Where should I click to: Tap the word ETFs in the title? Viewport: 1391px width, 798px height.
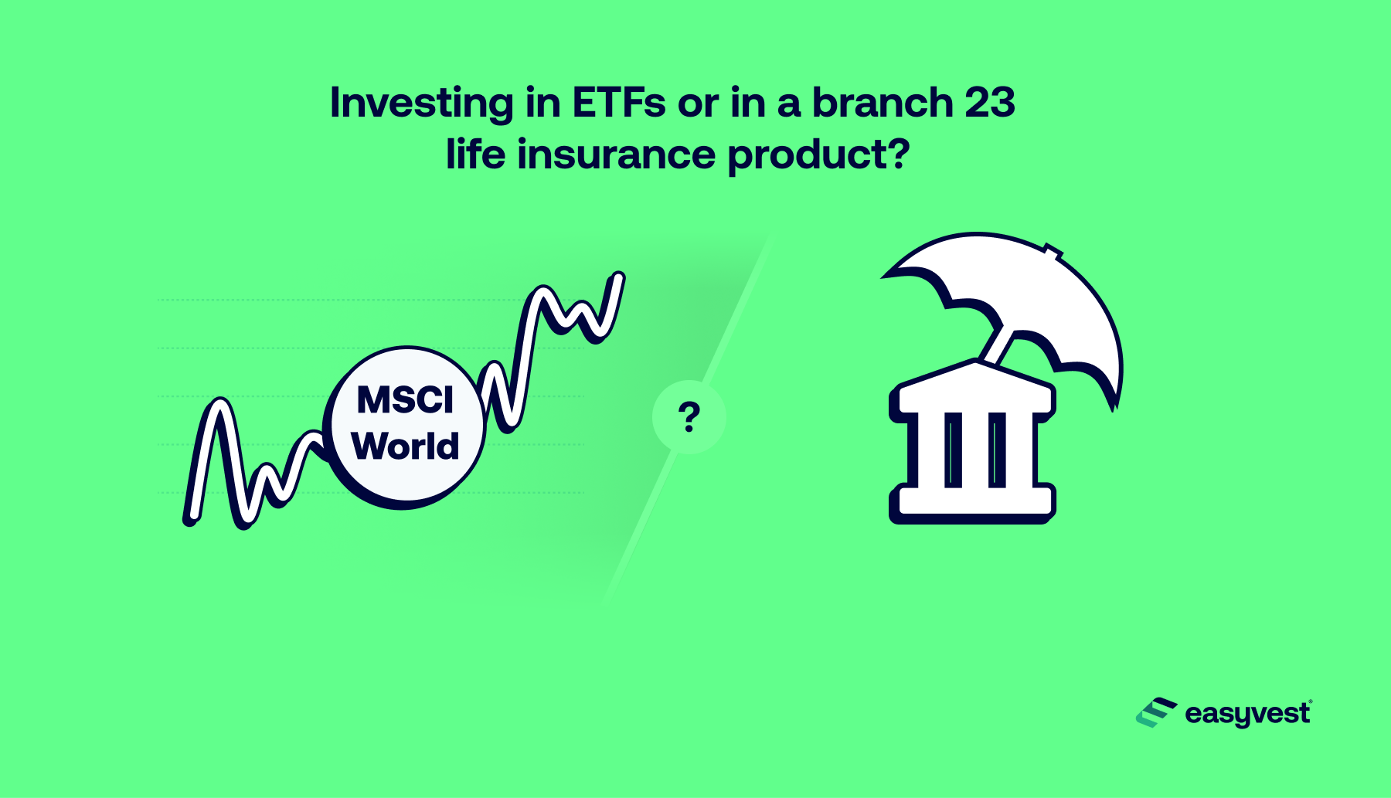click(619, 103)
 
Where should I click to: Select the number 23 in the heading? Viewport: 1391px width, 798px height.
click(989, 103)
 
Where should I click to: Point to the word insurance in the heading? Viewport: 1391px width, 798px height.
click(616, 155)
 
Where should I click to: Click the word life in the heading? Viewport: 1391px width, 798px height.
click(475, 154)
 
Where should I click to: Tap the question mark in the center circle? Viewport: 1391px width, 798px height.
click(689, 417)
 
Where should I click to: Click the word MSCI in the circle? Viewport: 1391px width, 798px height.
click(405, 400)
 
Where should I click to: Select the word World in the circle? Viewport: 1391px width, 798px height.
click(405, 446)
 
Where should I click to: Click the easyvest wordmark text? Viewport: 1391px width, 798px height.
click(1248, 714)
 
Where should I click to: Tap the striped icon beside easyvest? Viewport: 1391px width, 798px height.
click(1156, 713)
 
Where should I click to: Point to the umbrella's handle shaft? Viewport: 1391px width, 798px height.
click(998, 345)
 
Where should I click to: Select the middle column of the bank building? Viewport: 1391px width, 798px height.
click(975, 450)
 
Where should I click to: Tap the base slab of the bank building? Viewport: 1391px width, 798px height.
click(973, 503)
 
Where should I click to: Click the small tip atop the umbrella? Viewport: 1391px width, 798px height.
click(1053, 250)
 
